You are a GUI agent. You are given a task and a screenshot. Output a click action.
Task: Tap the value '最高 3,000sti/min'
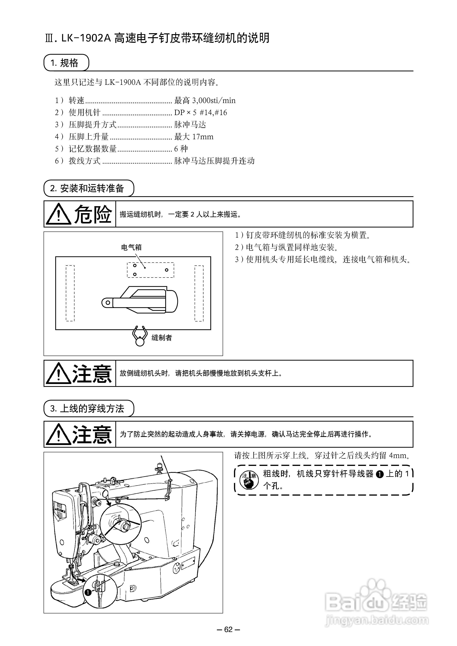205,101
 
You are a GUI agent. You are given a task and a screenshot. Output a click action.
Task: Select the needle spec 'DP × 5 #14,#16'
201,113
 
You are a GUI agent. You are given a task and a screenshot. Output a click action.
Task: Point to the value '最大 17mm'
194,137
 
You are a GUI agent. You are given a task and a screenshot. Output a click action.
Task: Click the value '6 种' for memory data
181,149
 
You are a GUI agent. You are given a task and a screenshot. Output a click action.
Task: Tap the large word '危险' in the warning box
93,214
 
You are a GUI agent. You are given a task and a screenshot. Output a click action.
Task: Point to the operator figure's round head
140,342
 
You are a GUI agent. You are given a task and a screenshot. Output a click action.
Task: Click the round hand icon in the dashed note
249,480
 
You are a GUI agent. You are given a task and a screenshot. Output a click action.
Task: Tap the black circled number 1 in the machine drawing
88,592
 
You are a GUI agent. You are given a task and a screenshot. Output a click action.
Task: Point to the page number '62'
228,629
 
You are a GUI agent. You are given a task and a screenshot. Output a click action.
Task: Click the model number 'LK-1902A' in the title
86,38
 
